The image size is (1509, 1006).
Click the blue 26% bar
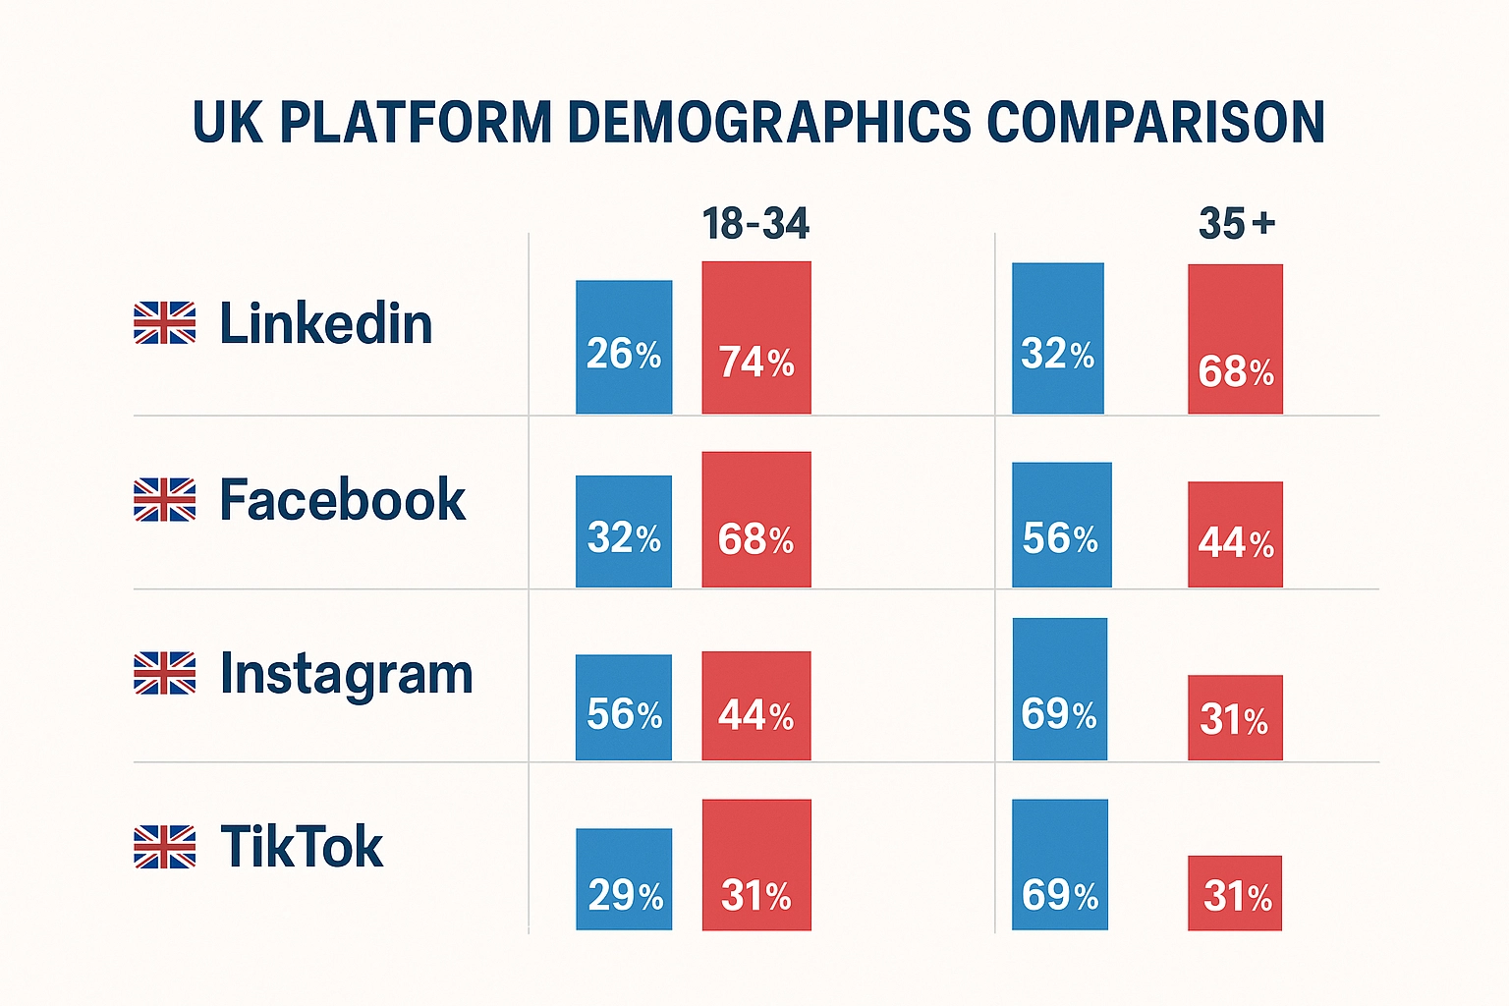coord(624,346)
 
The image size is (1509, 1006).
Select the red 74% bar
coord(755,337)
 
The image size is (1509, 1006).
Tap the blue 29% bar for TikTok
coord(624,878)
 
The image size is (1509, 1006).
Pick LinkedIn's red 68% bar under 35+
coord(1235,338)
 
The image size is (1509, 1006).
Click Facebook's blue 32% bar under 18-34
coord(624,531)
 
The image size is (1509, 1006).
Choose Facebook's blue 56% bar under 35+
coord(1061,524)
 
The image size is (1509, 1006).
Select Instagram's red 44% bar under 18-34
coord(755,704)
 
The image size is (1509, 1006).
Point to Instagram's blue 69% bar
coord(1059,689)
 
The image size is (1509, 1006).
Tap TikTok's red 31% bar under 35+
coord(1235,892)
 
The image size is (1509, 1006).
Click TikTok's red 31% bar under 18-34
coord(755,864)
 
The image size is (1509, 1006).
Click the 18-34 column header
coord(755,224)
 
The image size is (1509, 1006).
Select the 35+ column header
coord(1236,224)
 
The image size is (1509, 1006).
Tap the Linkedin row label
coord(325,323)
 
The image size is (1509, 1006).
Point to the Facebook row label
coord(342,499)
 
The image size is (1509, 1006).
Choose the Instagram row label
coord(346,674)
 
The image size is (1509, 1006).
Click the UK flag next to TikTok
coord(164,847)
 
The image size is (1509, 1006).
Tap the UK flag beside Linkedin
coord(164,323)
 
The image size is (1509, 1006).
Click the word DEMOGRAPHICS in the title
coord(769,122)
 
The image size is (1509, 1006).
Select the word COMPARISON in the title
coord(1155,122)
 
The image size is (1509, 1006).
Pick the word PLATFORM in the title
coord(416,122)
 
